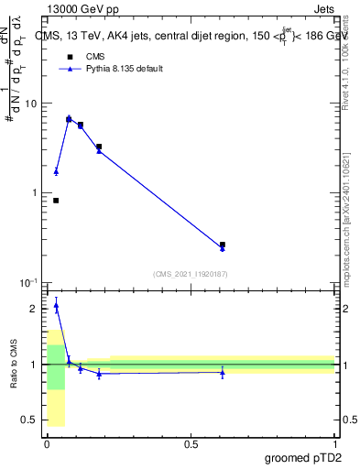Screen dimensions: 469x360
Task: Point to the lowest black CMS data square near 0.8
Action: pyautogui.click(x=56, y=201)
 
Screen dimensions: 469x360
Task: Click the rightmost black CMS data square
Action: pyautogui.click(x=223, y=245)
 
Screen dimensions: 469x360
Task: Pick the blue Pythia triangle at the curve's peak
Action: pyautogui.click(x=69, y=118)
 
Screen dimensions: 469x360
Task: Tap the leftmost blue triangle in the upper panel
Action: pyautogui.click(x=56, y=171)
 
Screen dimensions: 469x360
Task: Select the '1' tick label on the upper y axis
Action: pyautogui.click(x=36, y=193)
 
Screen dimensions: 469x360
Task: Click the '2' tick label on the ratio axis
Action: pyautogui.click(x=36, y=309)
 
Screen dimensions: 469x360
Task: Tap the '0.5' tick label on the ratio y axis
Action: pyautogui.click(x=31, y=420)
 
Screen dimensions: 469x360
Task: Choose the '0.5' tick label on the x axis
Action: pyautogui.click(x=191, y=443)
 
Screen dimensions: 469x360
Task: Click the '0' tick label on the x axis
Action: pyautogui.click(x=46, y=443)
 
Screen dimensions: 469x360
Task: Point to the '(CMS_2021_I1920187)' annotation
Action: pyautogui.click(x=190, y=273)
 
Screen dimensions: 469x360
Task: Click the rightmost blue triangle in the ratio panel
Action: pyautogui.click(x=223, y=373)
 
